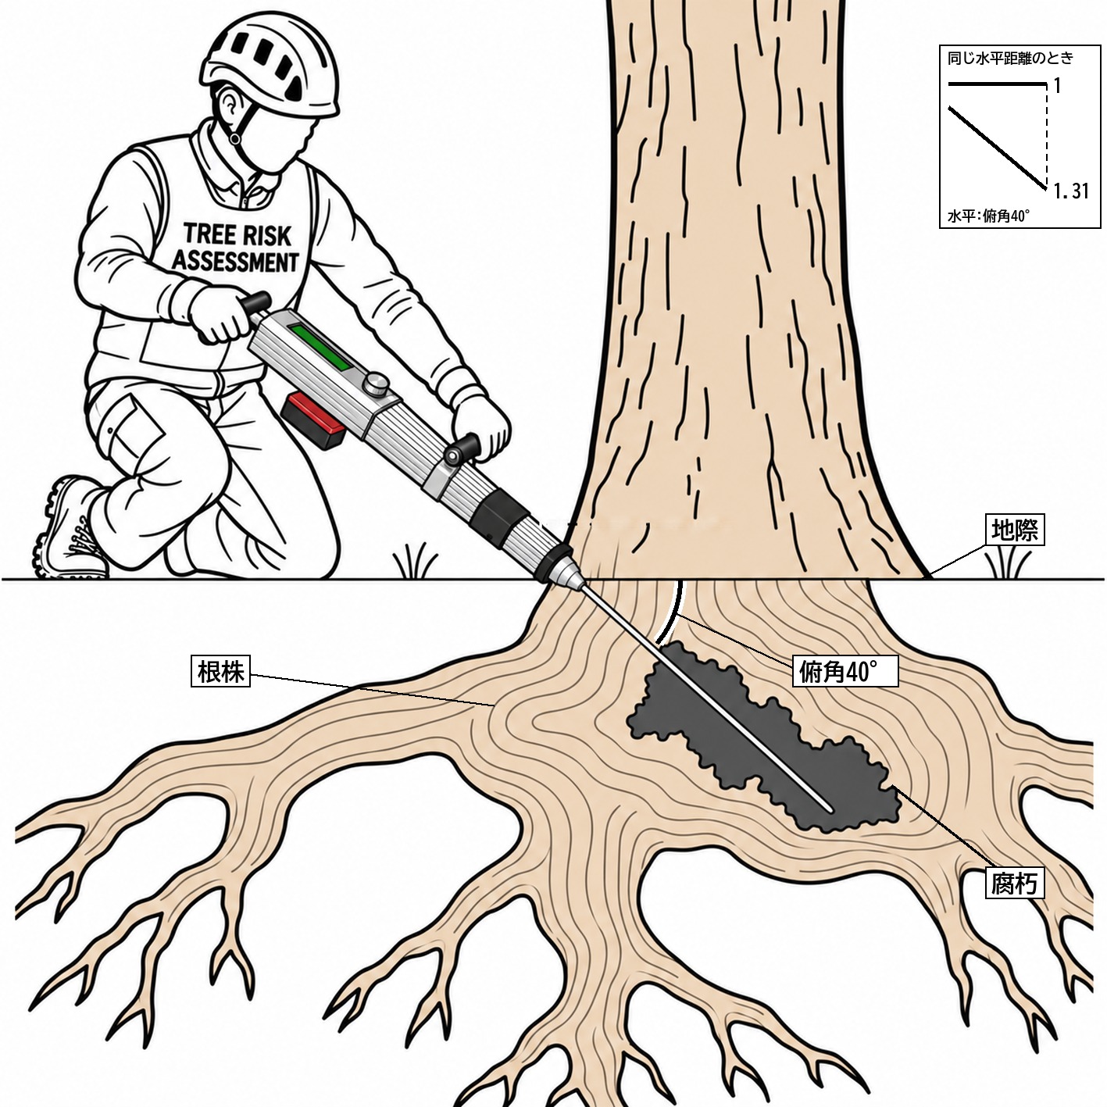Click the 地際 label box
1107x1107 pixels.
pos(1015,530)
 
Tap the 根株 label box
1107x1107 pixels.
pos(220,672)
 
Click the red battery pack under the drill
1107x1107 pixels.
pos(313,420)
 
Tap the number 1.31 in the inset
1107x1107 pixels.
pos(1071,191)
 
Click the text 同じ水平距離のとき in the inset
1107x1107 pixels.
pos(1010,58)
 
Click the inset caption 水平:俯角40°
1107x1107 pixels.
pos(988,216)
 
